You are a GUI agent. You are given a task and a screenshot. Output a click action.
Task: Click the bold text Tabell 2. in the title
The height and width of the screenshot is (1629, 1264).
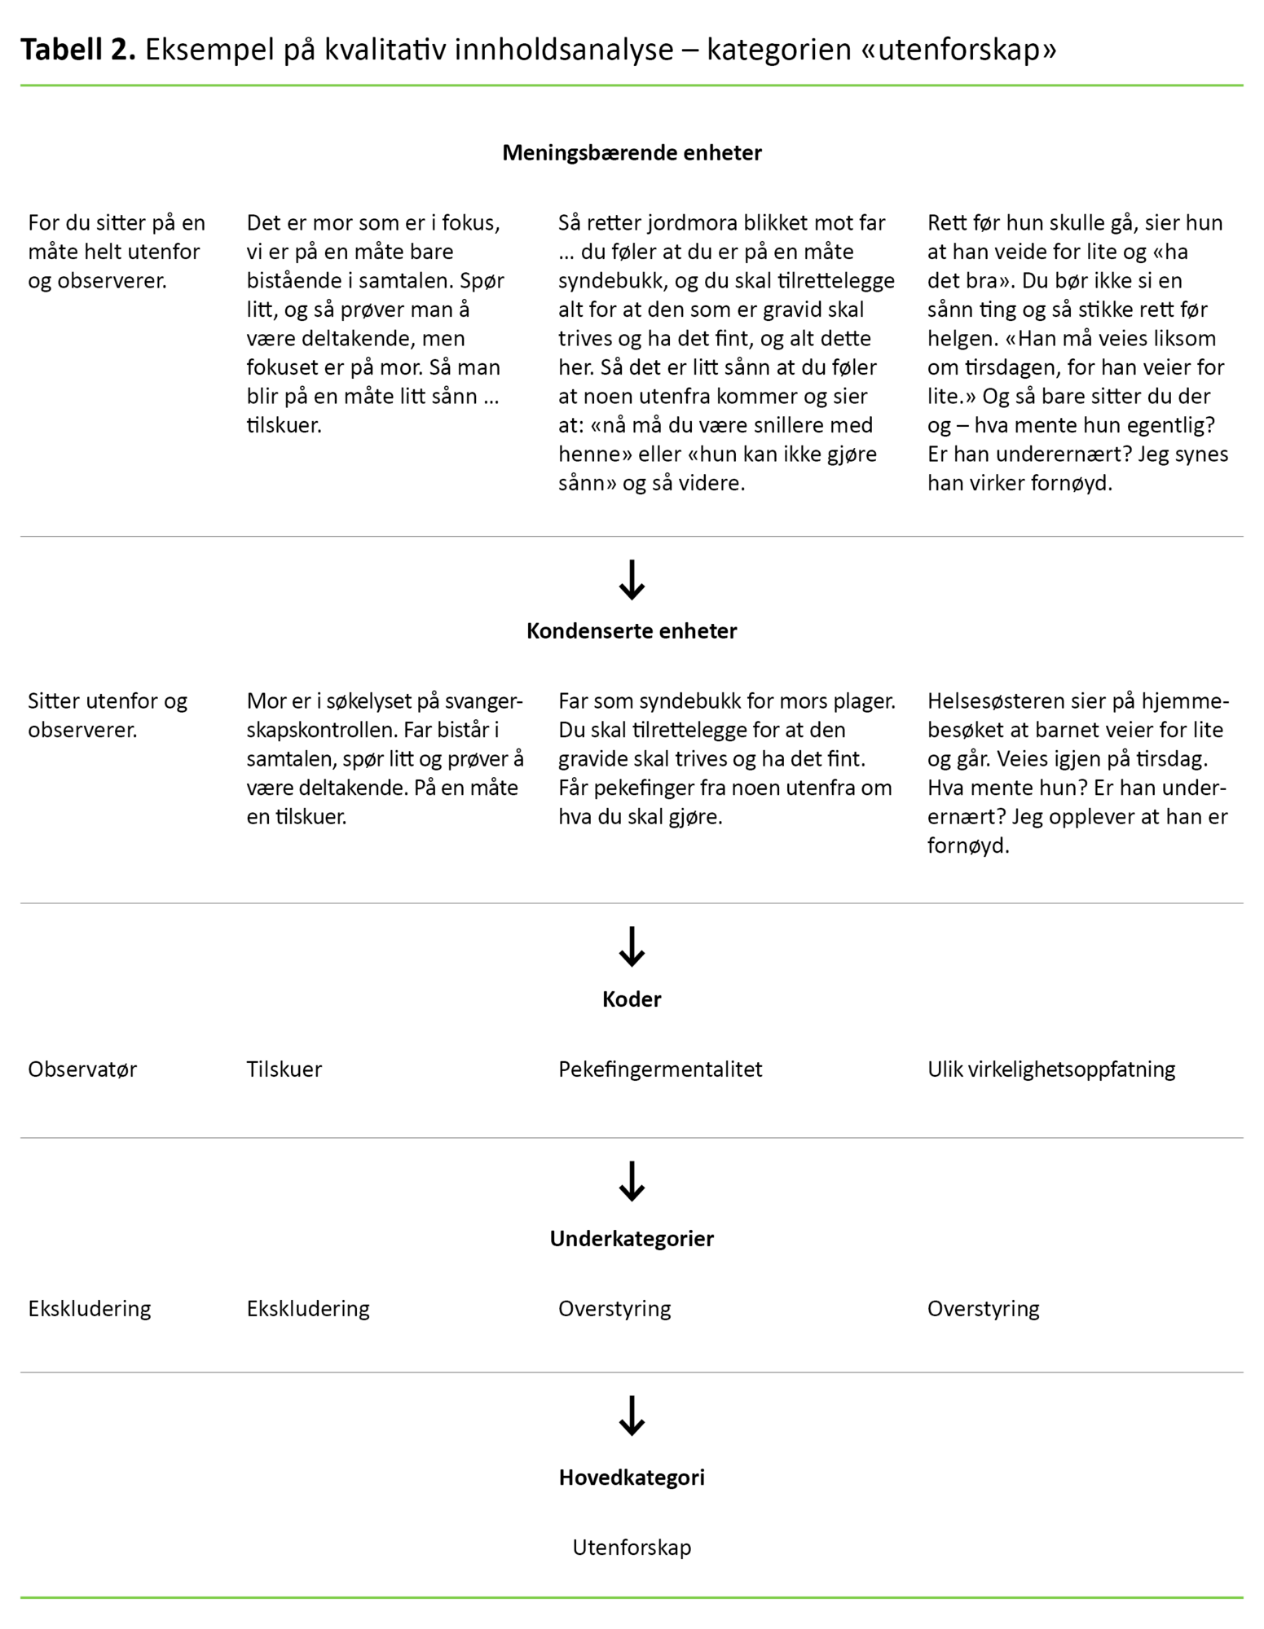tap(77, 50)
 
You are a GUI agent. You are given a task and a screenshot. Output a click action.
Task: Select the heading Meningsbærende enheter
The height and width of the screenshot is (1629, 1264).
tap(632, 152)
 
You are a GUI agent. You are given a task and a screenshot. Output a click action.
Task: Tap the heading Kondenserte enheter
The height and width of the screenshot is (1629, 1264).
tap(632, 630)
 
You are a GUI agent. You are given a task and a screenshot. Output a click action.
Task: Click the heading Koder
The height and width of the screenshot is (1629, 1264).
tap(632, 999)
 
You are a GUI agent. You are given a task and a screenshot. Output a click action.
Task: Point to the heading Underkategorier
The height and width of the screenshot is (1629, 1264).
tap(632, 1238)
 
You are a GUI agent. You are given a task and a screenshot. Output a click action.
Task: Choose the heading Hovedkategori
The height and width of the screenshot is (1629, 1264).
tap(632, 1477)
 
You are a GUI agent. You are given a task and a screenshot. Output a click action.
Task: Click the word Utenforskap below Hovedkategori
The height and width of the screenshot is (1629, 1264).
tap(632, 1547)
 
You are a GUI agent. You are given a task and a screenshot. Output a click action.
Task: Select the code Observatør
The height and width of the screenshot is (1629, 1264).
tap(82, 1069)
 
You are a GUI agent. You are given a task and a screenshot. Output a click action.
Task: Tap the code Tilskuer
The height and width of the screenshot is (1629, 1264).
tap(284, 1069)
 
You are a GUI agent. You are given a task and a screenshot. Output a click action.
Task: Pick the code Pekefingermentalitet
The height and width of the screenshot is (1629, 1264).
tap(660, 1069)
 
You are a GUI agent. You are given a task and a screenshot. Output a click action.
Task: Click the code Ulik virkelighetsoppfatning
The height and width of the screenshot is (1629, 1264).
tap(1051, 1069)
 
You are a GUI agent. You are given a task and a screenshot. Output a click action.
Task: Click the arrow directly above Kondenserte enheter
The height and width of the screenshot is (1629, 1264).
tap(632, 580)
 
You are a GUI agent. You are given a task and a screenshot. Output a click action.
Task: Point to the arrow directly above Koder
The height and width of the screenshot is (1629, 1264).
tap(632, 946)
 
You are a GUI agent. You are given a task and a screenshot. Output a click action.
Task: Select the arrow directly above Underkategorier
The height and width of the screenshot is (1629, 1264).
tap(632, 1182)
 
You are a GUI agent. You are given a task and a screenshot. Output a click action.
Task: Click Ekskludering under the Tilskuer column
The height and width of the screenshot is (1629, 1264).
tap(308, 1308)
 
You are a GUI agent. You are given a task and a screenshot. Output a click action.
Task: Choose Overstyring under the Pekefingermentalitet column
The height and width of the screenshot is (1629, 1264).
tap(614, 1308)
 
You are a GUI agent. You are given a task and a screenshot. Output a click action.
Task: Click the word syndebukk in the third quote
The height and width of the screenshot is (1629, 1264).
tap(611, 281)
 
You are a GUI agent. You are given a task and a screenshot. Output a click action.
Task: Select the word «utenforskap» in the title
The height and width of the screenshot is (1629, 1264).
tap(958, 50)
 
